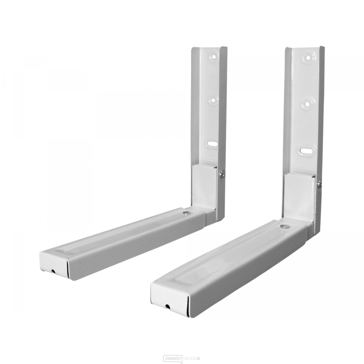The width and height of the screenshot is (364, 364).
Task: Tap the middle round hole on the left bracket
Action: [x=213, y=101]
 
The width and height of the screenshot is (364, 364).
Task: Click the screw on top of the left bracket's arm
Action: [x=187, y=213]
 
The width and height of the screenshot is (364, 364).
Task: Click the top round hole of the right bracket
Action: [x=308, y=58]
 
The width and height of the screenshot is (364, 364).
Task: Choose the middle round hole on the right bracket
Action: [x=307, y=104]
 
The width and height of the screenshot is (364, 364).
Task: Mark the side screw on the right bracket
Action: [x=319, y=184]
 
